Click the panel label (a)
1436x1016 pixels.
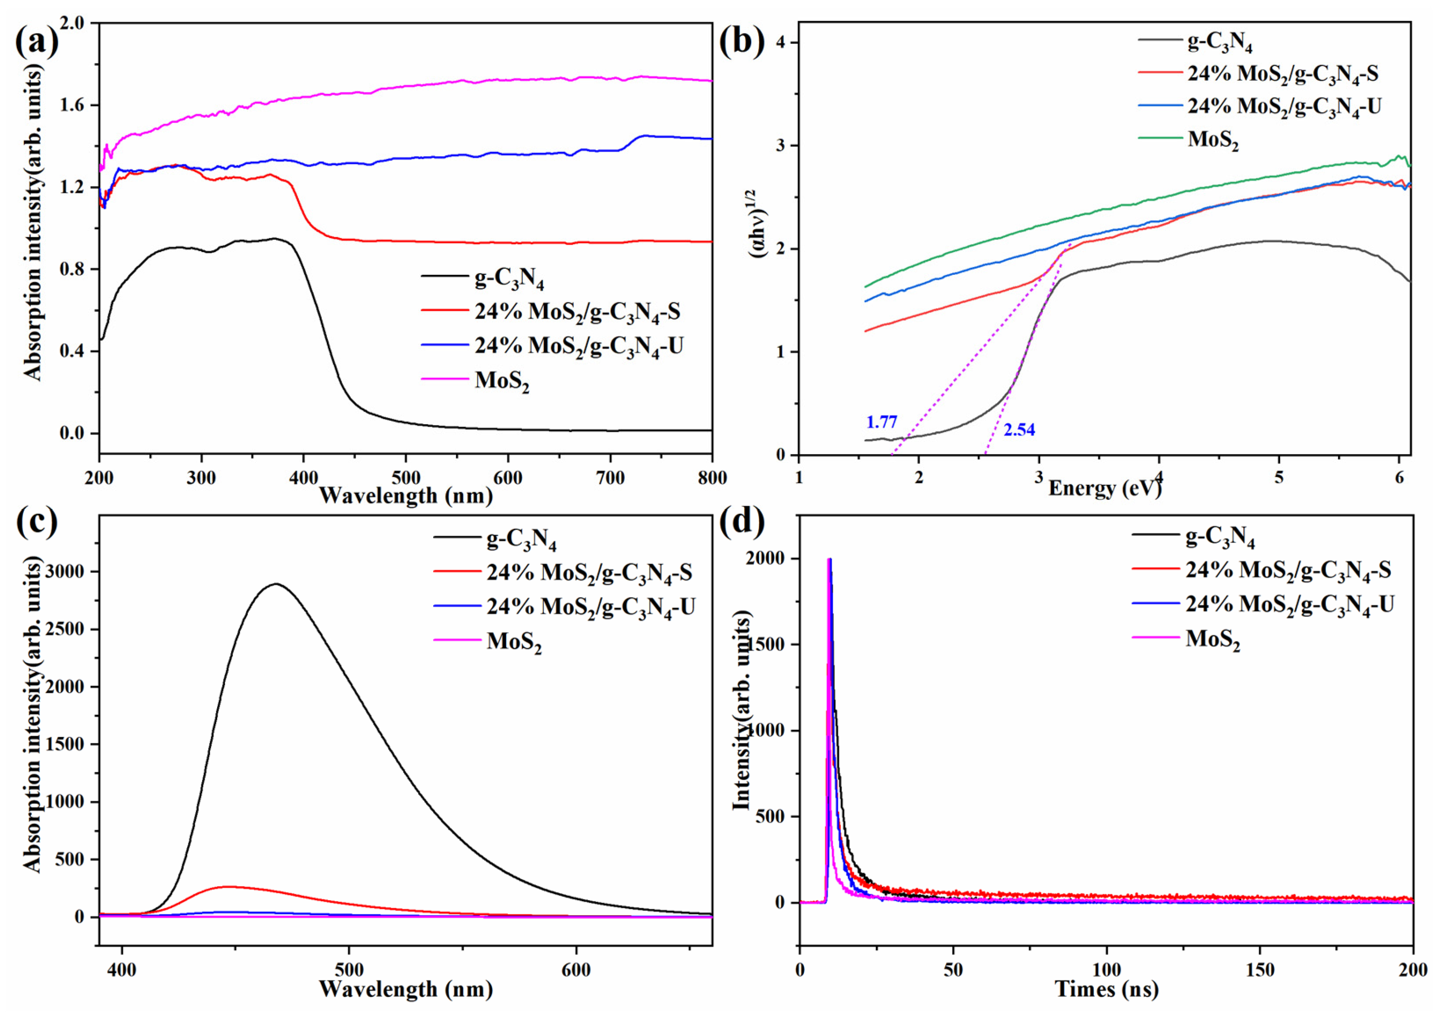(x=36, y=42)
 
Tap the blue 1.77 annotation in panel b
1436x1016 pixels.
(x=881, y=422)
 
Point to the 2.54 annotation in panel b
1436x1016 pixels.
(x=1019, y=430)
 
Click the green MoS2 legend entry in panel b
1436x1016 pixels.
(x=1213, y=140)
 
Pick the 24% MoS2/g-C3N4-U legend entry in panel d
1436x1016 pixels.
(x=1289, y=604)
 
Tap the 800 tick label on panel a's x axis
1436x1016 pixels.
(x=711, y=478)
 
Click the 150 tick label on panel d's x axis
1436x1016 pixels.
(x=1260, y=970)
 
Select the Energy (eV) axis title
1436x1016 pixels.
(x=1105, y=488)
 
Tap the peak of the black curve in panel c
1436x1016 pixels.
(x=276, y=584)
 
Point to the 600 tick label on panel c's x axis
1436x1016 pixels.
(x=576, y=970)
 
